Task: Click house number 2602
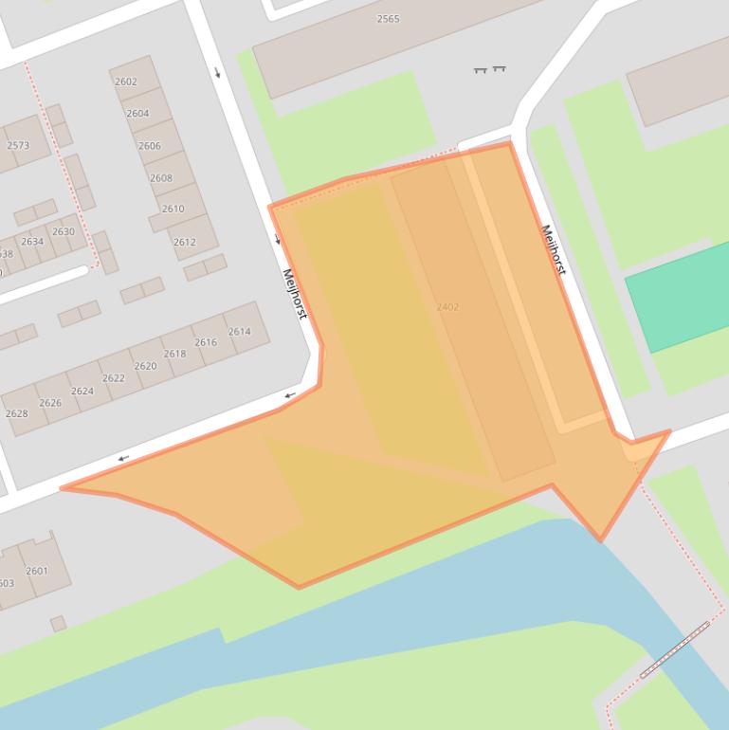point(126,82)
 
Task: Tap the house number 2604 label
point(137,114)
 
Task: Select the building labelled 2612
point(184,242)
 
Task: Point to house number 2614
point(239,332)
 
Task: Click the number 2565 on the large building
point(389,19)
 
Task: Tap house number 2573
point(18,146)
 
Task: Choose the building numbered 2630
point(64,232)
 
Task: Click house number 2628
point(16,414)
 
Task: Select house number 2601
point(37,571)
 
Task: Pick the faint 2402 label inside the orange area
point(447,307)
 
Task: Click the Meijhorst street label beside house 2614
point(295,294)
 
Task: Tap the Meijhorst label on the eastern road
point(553,249)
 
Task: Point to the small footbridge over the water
point(674,650)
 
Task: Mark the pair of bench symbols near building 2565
point(490,69)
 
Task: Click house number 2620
point(145,366)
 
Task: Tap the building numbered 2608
point(161,178)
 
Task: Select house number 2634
point(32,242)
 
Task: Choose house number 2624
point(82,391)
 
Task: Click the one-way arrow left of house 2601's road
point(123,459)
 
